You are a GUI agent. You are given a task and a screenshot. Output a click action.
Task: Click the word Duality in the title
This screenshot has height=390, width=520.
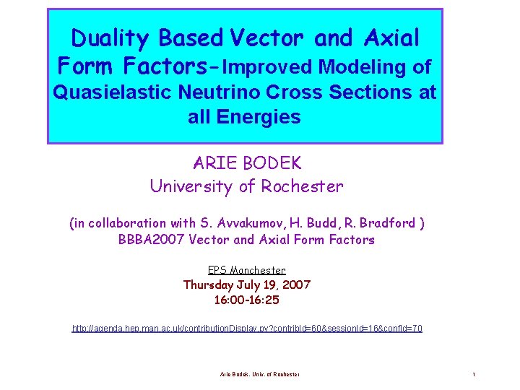pos(111,38)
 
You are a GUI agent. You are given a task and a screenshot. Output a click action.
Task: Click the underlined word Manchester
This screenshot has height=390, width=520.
pos(258,270)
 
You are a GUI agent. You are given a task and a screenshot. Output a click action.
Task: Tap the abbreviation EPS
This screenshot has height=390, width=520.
pos(217,270)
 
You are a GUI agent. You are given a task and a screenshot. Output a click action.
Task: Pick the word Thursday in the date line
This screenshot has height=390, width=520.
pos(212,285)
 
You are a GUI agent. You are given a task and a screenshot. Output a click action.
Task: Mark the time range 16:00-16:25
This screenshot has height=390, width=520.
pos(246,299)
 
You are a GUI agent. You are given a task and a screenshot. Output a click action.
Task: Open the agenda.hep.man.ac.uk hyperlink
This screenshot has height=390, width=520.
pos(247,329)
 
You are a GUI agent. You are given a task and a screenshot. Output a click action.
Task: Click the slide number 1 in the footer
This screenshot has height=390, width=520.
pos(473,374)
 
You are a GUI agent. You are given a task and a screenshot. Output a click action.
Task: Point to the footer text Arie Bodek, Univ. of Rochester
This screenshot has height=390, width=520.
pos(260,374)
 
